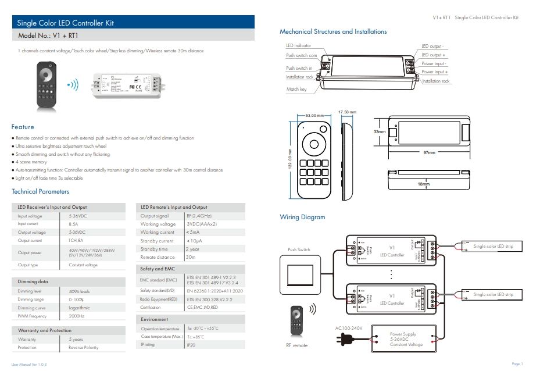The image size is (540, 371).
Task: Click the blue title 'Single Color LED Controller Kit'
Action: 65,23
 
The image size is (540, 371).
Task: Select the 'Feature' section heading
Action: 23,127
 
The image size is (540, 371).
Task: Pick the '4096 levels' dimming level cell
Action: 80,291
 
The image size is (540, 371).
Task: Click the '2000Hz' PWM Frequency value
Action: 77,316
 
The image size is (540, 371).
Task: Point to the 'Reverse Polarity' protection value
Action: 84,347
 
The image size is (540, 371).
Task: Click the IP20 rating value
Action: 191,345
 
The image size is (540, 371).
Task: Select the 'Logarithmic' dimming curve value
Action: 80,308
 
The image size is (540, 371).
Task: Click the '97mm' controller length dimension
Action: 429,152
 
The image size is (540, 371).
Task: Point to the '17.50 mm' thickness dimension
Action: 347,112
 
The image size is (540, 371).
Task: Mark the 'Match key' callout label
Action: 296,90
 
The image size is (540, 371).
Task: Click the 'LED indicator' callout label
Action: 298,45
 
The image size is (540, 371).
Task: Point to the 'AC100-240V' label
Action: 349,328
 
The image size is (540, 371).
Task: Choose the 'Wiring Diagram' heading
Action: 302,217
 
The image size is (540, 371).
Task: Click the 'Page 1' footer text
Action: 517,364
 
